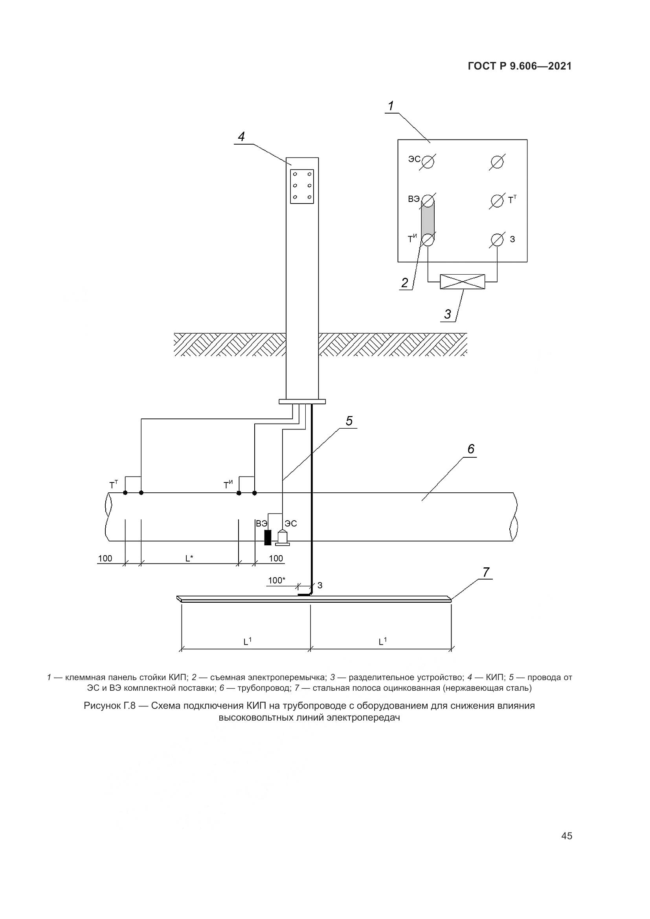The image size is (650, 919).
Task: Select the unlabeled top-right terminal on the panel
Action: tap(497, 162)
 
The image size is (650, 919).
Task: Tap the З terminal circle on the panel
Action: tap(497, 240)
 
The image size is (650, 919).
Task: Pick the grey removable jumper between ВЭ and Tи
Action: tap(428, 220)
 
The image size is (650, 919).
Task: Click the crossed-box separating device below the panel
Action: tap(462, 282)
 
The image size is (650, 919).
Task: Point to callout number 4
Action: tap(241, 137)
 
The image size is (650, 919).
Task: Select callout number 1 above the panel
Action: tap(391, 106)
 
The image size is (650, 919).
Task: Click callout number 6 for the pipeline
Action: tap(471, 449)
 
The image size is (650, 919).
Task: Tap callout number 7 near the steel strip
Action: tap(486, 572)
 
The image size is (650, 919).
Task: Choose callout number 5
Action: tap(349, 421)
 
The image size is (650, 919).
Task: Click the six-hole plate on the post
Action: tap(302, 187)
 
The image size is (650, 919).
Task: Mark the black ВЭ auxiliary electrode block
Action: tap(268, 537)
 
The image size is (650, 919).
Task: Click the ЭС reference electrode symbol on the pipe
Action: tap(283, 538)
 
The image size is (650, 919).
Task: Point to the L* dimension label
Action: tap(189, 558)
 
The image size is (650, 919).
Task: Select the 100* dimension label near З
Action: tap(277, 580)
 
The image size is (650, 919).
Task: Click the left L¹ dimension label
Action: tap(248, 641)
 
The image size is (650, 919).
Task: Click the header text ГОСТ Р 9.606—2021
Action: tap(520, 66)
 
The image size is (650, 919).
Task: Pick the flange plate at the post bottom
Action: tap(302, 402)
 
